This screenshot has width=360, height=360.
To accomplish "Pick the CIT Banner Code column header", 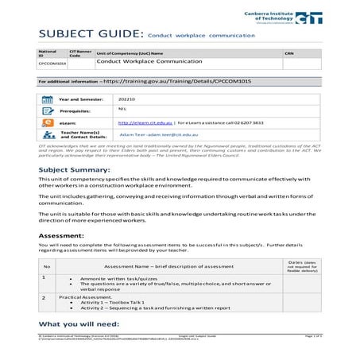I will (x=79, y=52).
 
